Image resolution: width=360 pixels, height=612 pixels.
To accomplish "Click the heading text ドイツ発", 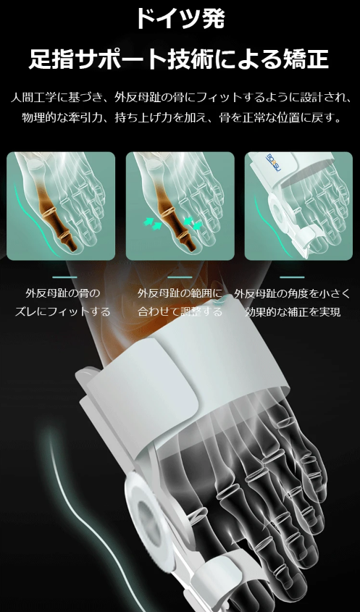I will (179, 19).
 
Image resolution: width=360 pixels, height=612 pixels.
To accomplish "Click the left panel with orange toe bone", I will (61, 206).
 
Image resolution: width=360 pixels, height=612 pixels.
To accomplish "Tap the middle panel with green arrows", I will (180, 206).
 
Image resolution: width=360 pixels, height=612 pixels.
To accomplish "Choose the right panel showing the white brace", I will (298, 206).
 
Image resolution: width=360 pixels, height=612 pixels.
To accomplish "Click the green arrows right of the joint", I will (192, 222).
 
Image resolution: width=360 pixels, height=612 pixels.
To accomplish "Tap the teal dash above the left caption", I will (64, 277).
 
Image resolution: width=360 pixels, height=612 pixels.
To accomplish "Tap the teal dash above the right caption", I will (292, 277).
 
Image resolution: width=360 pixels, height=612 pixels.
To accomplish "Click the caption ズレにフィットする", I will (63, 312).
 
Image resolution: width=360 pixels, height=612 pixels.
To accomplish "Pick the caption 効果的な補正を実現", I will (293, 312).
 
